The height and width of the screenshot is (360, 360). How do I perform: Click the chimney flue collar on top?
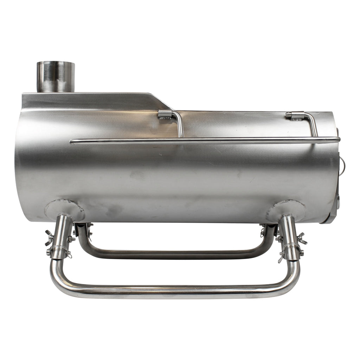(56, 77)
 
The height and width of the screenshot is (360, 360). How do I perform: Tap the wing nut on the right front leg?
(302, 238)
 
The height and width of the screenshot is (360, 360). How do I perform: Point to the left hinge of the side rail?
(165, 114)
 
